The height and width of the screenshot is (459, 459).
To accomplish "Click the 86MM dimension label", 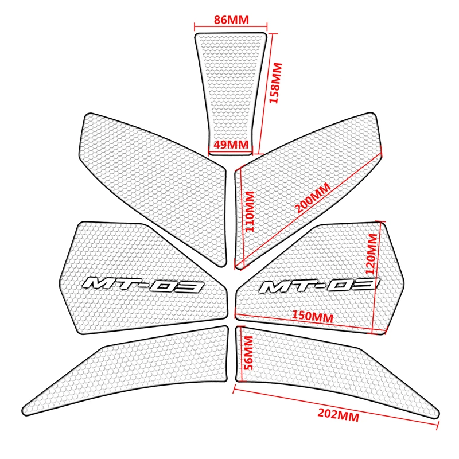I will pos(231,20).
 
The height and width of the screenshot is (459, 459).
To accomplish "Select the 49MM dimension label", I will pos(231,145).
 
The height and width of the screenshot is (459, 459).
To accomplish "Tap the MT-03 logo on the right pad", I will pos(319,285).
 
